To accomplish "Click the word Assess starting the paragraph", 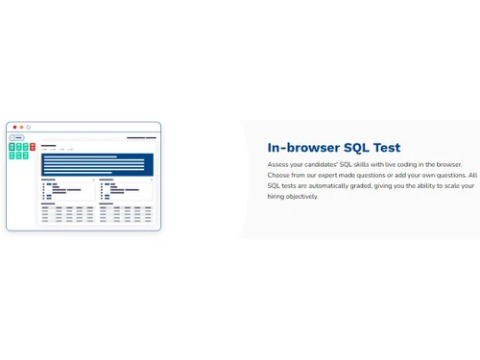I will tap(278, 165).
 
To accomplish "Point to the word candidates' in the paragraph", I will tap(319, 165).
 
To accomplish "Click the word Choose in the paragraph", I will tap(279, 176).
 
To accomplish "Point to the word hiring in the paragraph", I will tap(277, 197).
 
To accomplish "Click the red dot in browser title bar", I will tap(14, 127).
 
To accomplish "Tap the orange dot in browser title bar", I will tap(21, 127).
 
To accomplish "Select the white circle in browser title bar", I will tap(28, 127).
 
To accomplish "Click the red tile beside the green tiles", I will tap(33, 147).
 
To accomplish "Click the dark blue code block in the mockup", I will tap(96, 164).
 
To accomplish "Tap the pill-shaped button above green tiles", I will tap(18, 138).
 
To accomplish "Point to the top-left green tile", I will tap(12, 147).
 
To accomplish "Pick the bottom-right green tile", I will tap(25, 155).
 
